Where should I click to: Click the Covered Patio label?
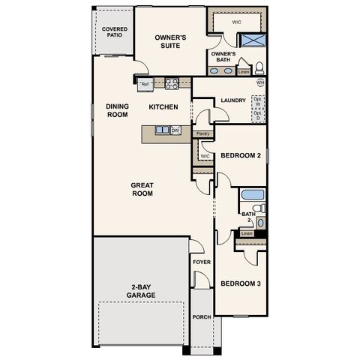pos(115,33)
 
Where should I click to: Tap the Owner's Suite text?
pos(170,41)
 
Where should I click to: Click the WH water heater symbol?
pos(260,82)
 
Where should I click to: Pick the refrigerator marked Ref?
pos(145,84)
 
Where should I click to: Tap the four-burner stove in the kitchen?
pos(170,84)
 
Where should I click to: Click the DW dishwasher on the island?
pos(175,130)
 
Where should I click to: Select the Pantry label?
pos(202,134)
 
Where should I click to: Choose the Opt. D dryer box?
pos(258,116)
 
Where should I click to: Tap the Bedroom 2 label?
pos(240,156)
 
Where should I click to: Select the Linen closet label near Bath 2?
pos(247,233)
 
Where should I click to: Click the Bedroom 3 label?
pos(240,283)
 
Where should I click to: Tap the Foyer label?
pos(201,262)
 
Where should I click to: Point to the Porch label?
pos(201,316)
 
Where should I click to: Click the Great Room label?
pos(142,189)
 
